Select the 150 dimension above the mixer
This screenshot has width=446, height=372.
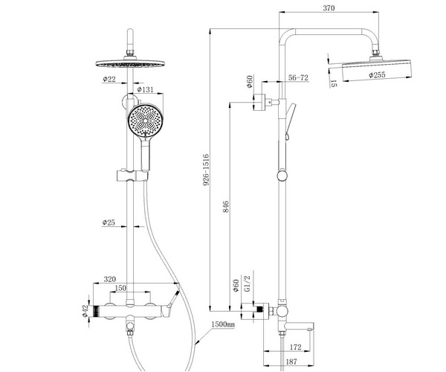pos(119,288)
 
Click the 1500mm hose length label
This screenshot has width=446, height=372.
pos(222,325)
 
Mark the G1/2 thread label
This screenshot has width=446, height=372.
pos(250,283)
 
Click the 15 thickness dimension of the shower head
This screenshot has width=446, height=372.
pos(335,84)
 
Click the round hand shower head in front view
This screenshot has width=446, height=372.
pos(144,119)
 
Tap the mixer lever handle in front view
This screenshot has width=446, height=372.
pos(173,301)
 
